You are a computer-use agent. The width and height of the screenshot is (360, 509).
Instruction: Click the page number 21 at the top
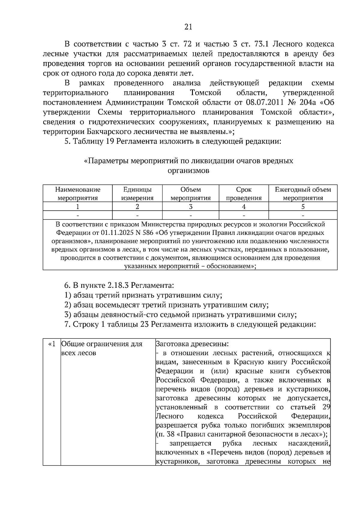[188, 27]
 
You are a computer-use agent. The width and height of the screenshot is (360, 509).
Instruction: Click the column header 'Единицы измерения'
[137, 194]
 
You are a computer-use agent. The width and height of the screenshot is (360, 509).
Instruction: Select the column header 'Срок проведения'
[244, 194]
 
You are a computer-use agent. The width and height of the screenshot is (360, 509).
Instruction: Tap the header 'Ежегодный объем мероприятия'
[303, 194]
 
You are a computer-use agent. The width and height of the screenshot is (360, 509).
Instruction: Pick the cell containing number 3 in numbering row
[190, 207]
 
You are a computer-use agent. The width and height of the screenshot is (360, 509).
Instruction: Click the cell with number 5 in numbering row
[303, 207]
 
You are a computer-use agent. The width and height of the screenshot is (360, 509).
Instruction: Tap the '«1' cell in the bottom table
[52, 344]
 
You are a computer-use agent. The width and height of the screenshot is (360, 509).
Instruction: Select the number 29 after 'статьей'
[326, 407]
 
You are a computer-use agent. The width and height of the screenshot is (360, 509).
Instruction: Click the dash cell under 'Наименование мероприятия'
[77, 215]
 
